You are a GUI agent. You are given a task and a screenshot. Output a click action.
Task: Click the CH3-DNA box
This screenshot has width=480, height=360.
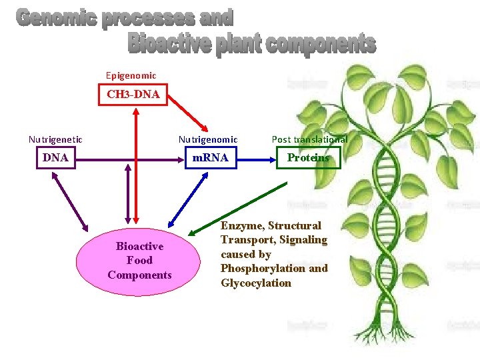[133, 95]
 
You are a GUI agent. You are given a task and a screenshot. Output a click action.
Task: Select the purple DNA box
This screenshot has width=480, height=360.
[55, 158]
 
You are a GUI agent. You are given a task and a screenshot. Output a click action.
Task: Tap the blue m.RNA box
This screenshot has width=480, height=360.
[210, 158]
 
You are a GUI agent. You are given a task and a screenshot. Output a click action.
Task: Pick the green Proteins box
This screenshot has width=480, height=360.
[308, 158]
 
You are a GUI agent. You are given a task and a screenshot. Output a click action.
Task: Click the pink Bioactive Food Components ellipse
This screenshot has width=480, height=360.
[139, 261]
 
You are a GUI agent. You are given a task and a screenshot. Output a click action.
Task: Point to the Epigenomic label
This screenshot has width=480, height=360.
[131, 76]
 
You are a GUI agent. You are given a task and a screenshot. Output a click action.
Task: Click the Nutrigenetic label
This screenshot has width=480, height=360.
[55, 139]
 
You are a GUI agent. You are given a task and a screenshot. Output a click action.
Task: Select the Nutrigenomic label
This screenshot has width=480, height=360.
[207, 139]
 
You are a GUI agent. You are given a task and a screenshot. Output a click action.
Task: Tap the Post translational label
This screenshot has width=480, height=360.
[309, 139]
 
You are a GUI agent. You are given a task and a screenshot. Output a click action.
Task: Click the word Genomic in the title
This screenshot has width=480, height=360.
[56, 19]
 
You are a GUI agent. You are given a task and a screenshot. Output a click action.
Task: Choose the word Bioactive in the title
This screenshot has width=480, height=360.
[169, 44]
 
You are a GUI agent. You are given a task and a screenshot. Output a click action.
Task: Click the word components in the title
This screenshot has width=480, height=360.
[321, 44]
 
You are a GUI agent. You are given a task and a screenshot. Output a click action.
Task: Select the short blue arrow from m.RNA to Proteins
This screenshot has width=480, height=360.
[257, 159]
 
